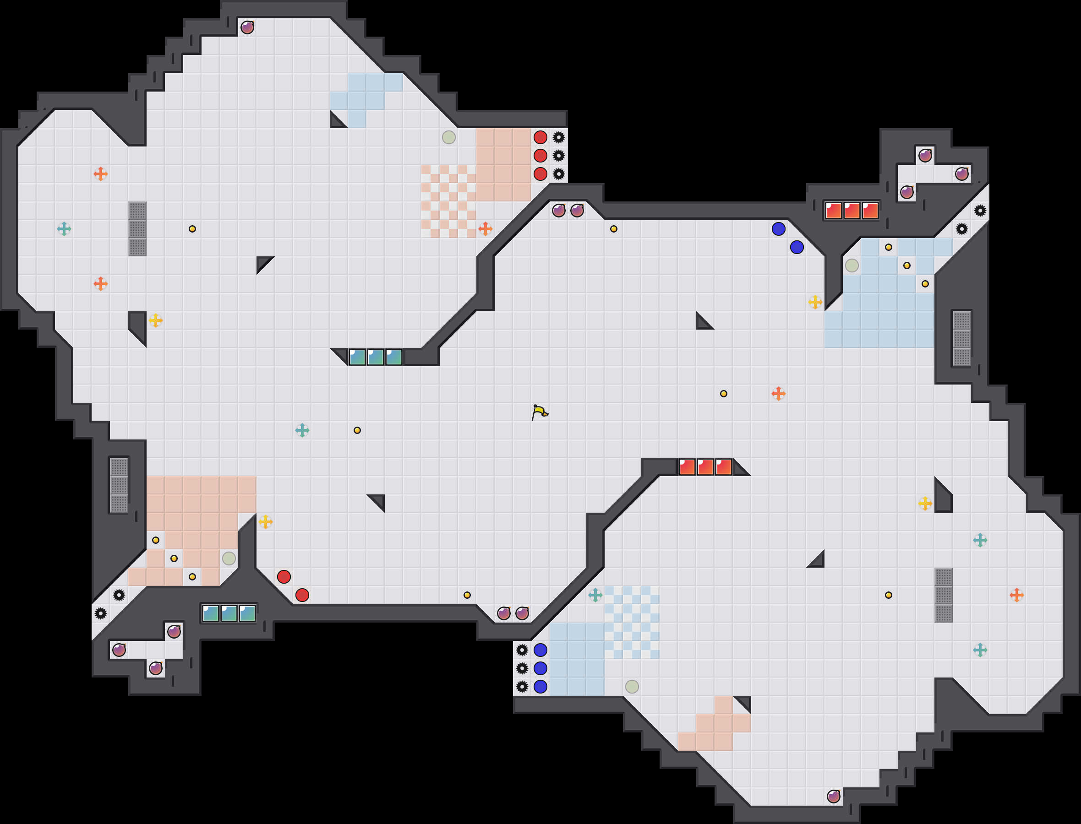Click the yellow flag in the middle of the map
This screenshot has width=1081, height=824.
pyautogui.click(x=539, y=412)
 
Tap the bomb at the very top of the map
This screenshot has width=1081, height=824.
pyautogui.click(x=247, y=27)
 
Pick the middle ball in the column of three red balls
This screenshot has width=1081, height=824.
pyautogui.click(x=540, y=156)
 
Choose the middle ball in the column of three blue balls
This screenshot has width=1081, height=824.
pyautogui.click(x=540, y=668)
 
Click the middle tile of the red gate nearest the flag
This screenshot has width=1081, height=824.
pyautogui.click(x=705, y=467)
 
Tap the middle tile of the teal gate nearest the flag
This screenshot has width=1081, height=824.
pyautogui.click(x=376, y=357)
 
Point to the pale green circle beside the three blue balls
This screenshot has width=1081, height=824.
pyautogui.click(x=632, y=686)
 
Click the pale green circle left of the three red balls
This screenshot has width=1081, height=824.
pyautogui.click(x=448, y=137)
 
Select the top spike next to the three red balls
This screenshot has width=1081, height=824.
pyautogui.click(x=558, y=137)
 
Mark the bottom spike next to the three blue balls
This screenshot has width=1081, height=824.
pyautogui.click(x=522, y=686)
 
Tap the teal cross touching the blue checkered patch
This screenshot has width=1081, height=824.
pyautogui.click(x=595, y=595)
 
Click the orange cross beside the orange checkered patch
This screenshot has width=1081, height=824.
pyautogui.click(x=485, y=228)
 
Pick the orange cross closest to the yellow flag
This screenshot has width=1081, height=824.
pyautogui.click(x=778, y=393)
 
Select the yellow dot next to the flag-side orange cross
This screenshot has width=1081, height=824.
pyautogui.click(x=723, y=393)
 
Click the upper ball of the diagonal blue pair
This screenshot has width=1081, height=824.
pyautogui.click(x=778, y=228)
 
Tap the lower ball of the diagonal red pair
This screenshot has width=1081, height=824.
pyautogui.click(x=302, y=595)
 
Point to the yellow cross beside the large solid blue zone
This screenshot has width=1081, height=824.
pyautogui.click(x=815, y=302)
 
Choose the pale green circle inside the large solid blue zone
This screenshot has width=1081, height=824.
pyautogui.click(x=852, y=266)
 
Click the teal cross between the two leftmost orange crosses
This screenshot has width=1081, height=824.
pyautogui.click(x=64, y=228)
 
